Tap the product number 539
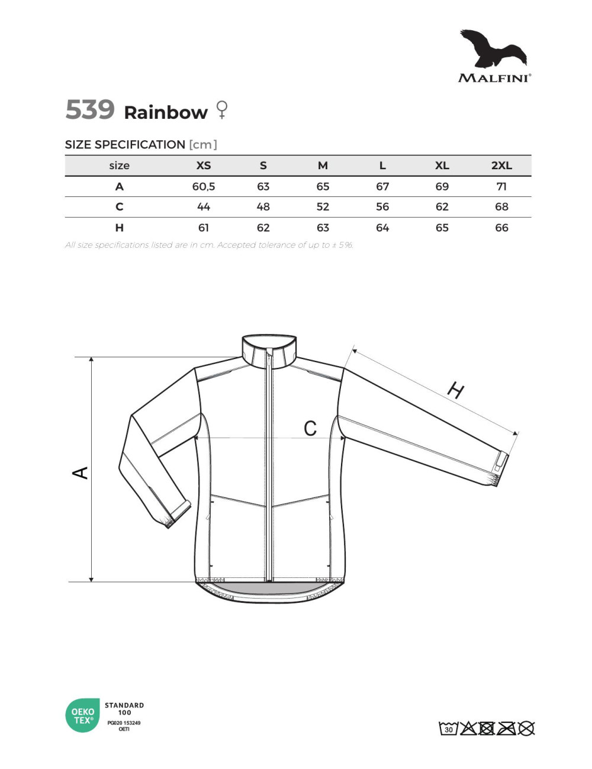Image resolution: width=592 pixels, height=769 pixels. [90, 109]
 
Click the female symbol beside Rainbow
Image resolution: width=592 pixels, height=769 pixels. [222, 109]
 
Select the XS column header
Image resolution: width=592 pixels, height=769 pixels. [203, 165]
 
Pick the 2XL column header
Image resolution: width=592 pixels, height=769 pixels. [501, 165]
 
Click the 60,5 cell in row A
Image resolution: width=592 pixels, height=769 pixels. [203, 186]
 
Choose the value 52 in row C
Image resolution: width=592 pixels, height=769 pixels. [323, 206]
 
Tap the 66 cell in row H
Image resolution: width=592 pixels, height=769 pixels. [501, 228]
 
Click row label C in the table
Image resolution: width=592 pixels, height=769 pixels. [120, 206]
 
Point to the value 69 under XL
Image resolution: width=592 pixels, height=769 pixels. [442, 186]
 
